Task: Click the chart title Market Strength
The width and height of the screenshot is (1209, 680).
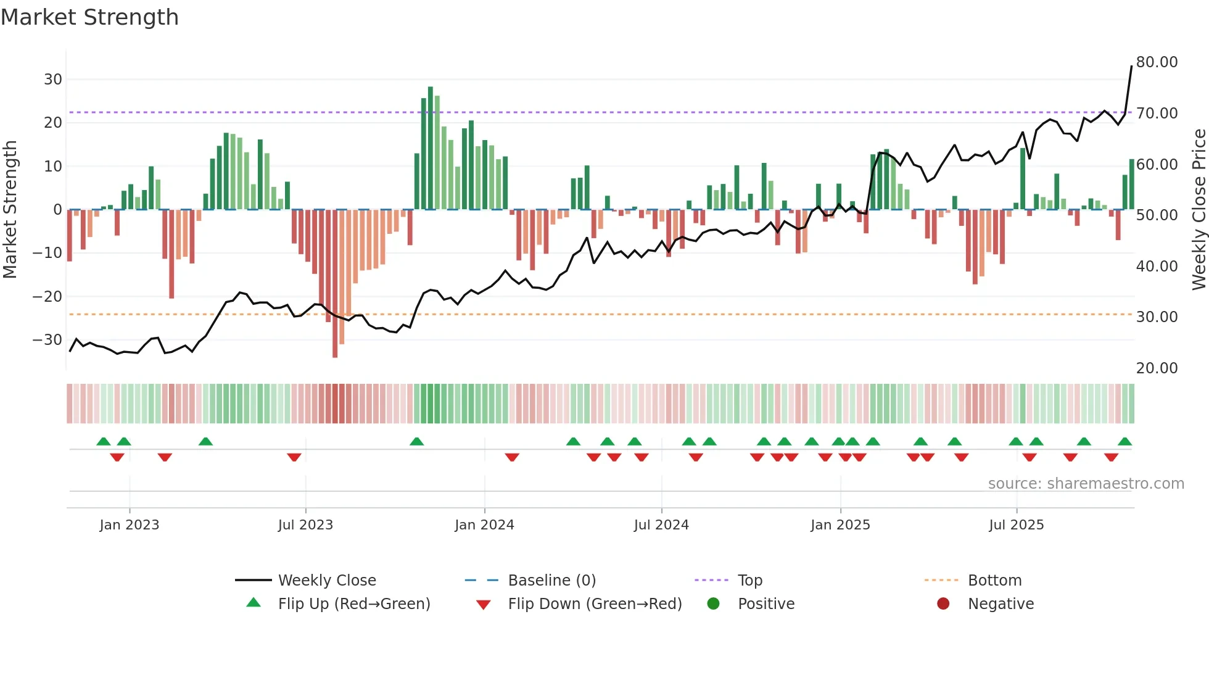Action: [89, 17]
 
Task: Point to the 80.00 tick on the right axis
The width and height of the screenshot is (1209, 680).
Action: [1157, 62]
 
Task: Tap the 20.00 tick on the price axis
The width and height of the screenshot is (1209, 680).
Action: [1157, 368]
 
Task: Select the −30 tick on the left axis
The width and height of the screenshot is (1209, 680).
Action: [47, 340]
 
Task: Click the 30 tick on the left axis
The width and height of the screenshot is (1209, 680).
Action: [52, 80]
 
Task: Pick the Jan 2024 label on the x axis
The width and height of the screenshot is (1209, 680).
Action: [484, 525]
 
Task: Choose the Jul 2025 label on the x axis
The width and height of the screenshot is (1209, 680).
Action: [1016, 525]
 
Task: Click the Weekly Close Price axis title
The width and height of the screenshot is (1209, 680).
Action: [1199, 210]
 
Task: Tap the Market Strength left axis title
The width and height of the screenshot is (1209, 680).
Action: [10, 210]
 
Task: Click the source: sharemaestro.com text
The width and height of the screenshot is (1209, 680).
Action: [1086, 484]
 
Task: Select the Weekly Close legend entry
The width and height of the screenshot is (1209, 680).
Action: [326, 581]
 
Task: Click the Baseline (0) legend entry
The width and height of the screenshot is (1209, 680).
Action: [551, 581]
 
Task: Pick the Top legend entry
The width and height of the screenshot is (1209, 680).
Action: [749, 581]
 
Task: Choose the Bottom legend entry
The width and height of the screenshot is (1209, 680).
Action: [994, 581]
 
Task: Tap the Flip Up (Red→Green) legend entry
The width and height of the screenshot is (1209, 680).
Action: [353, 604]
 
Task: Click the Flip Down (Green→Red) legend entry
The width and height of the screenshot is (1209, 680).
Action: [595, 604]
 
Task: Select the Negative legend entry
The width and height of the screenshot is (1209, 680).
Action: [1000, 604]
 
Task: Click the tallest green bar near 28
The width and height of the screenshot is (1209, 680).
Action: [431, 148]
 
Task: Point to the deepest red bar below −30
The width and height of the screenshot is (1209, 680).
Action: [335, 284]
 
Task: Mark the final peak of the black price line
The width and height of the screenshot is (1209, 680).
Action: [1131, 67]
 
